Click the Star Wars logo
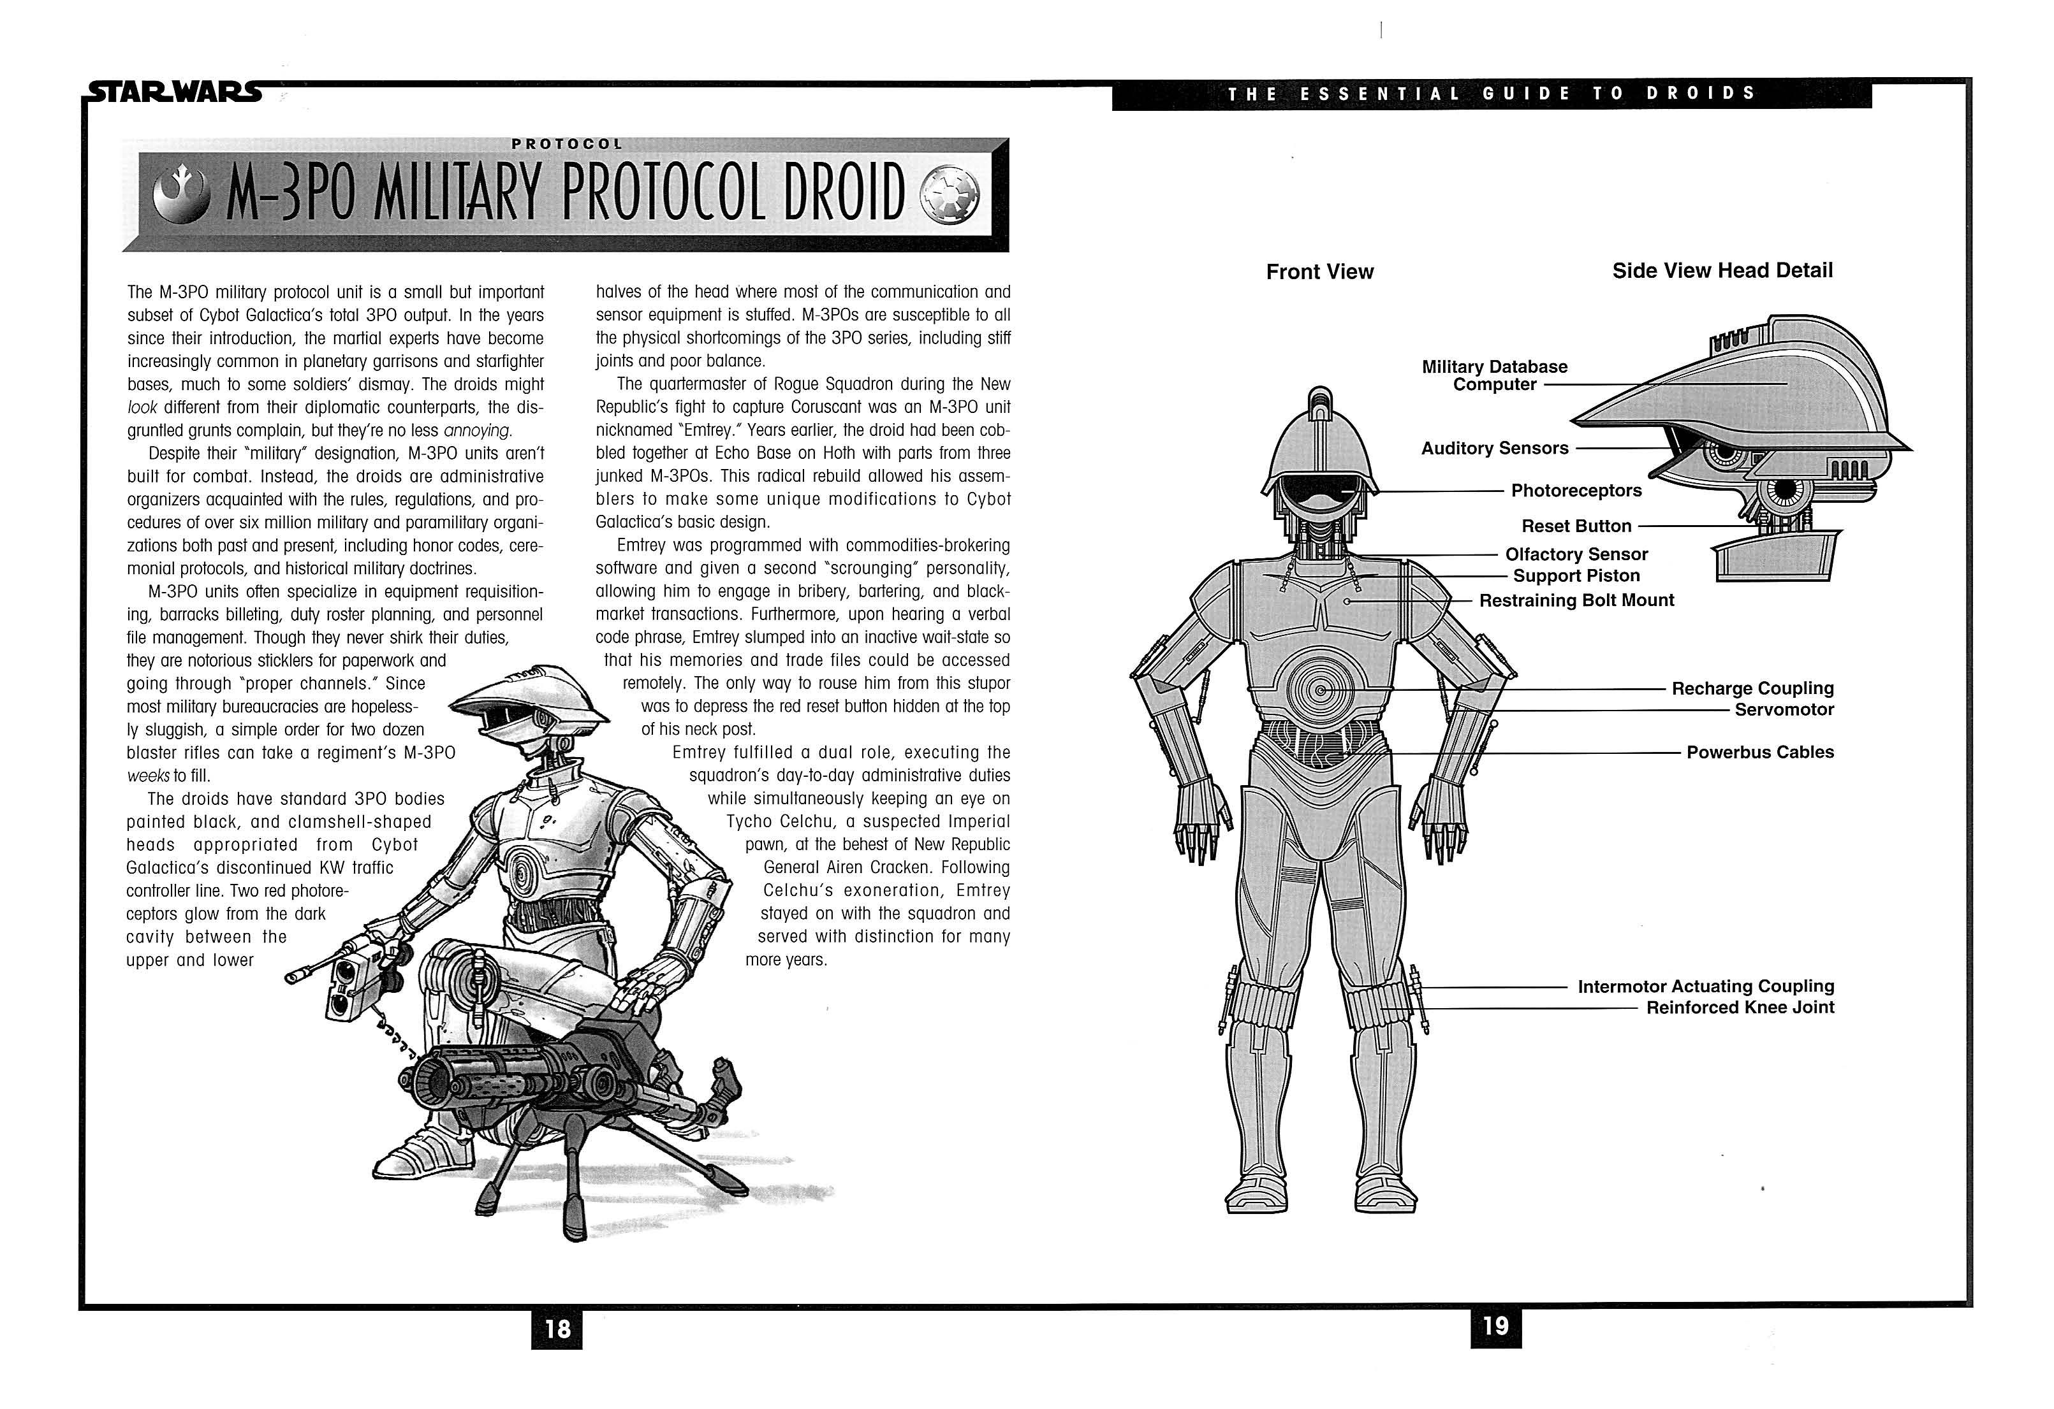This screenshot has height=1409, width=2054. click(175, 93)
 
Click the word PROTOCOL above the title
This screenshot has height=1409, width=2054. click(566, 144)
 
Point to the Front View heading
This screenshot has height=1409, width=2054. click(1319, 272)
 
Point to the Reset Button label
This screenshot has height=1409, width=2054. click(1576, 526)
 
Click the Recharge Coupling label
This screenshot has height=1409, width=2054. click(1752, 688)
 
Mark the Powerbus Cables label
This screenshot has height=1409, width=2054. click(1759, 753)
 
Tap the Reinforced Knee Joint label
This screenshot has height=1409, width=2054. click(1740, 1008)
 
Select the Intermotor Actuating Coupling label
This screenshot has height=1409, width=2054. click(1705, 986)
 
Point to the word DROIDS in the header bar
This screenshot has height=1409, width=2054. click(1701, 94)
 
